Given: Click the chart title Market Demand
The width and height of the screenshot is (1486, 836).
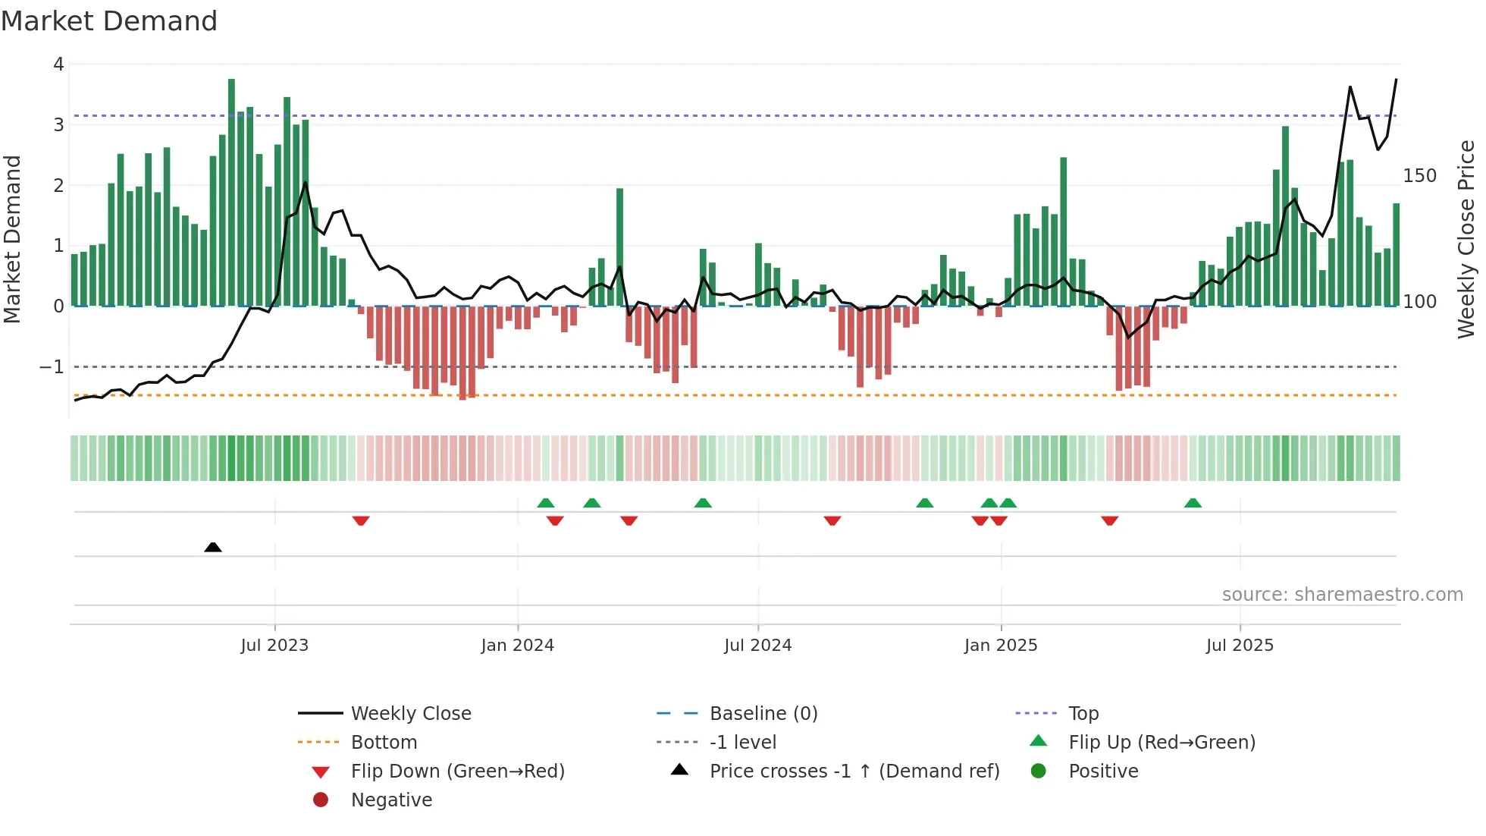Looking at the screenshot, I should pos(109,21).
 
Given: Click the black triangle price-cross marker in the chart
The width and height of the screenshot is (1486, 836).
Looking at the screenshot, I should pos(213,547).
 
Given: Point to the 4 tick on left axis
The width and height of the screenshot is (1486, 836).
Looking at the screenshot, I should pos(58,64).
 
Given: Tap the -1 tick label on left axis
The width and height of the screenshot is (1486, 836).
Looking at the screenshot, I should pos(52,367).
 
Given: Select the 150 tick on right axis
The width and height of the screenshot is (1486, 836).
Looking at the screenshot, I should pos(1419,176).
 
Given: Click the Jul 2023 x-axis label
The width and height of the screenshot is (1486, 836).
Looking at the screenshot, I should pos(274,646).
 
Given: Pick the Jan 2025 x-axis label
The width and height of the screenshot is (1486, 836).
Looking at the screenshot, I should pos(1001,646).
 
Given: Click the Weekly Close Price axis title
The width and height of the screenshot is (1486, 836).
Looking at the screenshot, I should pos(1466,239).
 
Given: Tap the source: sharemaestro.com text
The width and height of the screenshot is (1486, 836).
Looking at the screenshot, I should pos(1342,595).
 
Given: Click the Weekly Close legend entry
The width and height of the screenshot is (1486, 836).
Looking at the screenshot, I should pos(411,714).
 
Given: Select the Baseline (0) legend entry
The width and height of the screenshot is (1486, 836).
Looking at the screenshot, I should pos(763,714).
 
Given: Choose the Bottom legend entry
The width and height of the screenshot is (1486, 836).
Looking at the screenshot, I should pos(384,743).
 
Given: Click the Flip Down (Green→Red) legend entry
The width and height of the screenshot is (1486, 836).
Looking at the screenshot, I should pos(457,772).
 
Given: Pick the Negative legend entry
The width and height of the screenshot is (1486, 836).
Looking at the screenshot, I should pos(391,800).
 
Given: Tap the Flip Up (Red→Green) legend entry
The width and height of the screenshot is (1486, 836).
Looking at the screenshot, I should pos(1162,743).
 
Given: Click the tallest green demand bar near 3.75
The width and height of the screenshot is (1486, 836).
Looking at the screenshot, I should pos(231,190).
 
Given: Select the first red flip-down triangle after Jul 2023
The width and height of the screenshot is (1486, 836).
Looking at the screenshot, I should pos(361,520).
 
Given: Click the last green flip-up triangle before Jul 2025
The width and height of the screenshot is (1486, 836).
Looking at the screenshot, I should pos(1193,503).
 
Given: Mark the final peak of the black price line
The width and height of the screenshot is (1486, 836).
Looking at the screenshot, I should pos(1396,80).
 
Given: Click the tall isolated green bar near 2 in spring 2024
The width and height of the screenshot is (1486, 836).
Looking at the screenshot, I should pos(619,247).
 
